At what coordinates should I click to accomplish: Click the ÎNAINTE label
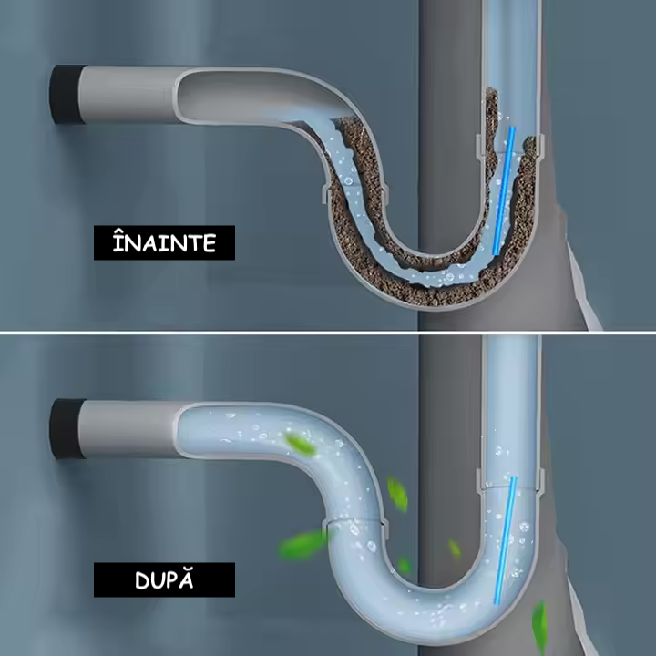[x=164, y=243]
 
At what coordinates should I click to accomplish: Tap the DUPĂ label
[x=164, y=579]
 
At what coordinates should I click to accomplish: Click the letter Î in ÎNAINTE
[x=117, y=243]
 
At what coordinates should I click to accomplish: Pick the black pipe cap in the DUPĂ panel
[x=64, y=428]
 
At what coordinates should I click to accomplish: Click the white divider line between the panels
[x=328, y=332]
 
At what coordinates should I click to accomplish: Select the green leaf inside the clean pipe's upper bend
[x=300, y=445]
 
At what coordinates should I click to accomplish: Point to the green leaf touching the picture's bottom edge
[x=539, y=629]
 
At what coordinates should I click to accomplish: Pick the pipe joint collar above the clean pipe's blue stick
[x=510, y=478]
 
